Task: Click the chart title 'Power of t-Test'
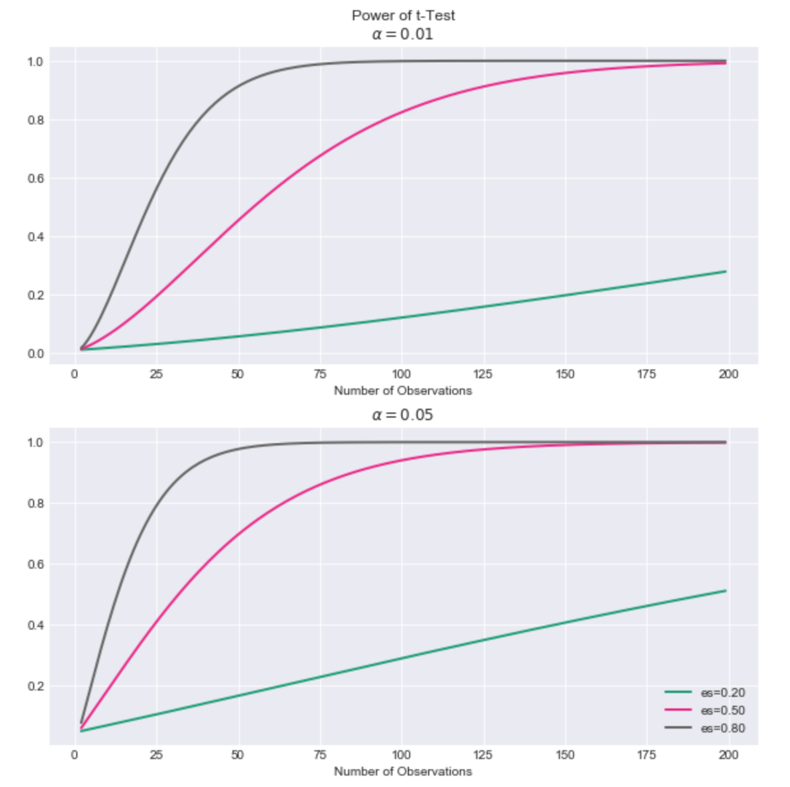click(403, 15)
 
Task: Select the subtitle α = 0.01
click(403, 34)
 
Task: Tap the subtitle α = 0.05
click(403, 415)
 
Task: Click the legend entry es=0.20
click(723, 692)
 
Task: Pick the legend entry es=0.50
click(723, 710)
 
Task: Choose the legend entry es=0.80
click(723, 728)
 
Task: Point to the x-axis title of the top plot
click(403, 391)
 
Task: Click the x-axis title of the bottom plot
click(403, 772)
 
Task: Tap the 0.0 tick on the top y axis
click(35, 354)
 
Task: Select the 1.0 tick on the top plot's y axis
click(35, 62)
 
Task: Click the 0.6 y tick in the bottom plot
click(35, 564)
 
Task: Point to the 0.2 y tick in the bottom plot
click(35, 686)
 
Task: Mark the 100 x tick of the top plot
click(401, 374)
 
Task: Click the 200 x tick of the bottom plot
click(728, 755)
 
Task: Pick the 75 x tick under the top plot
click(320, 374)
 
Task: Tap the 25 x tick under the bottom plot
click(156, 755)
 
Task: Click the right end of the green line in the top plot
click(725, 272)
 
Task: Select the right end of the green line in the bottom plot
click(725, 591)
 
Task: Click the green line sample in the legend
click(678, 692)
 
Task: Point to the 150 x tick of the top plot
click(565, 374)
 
